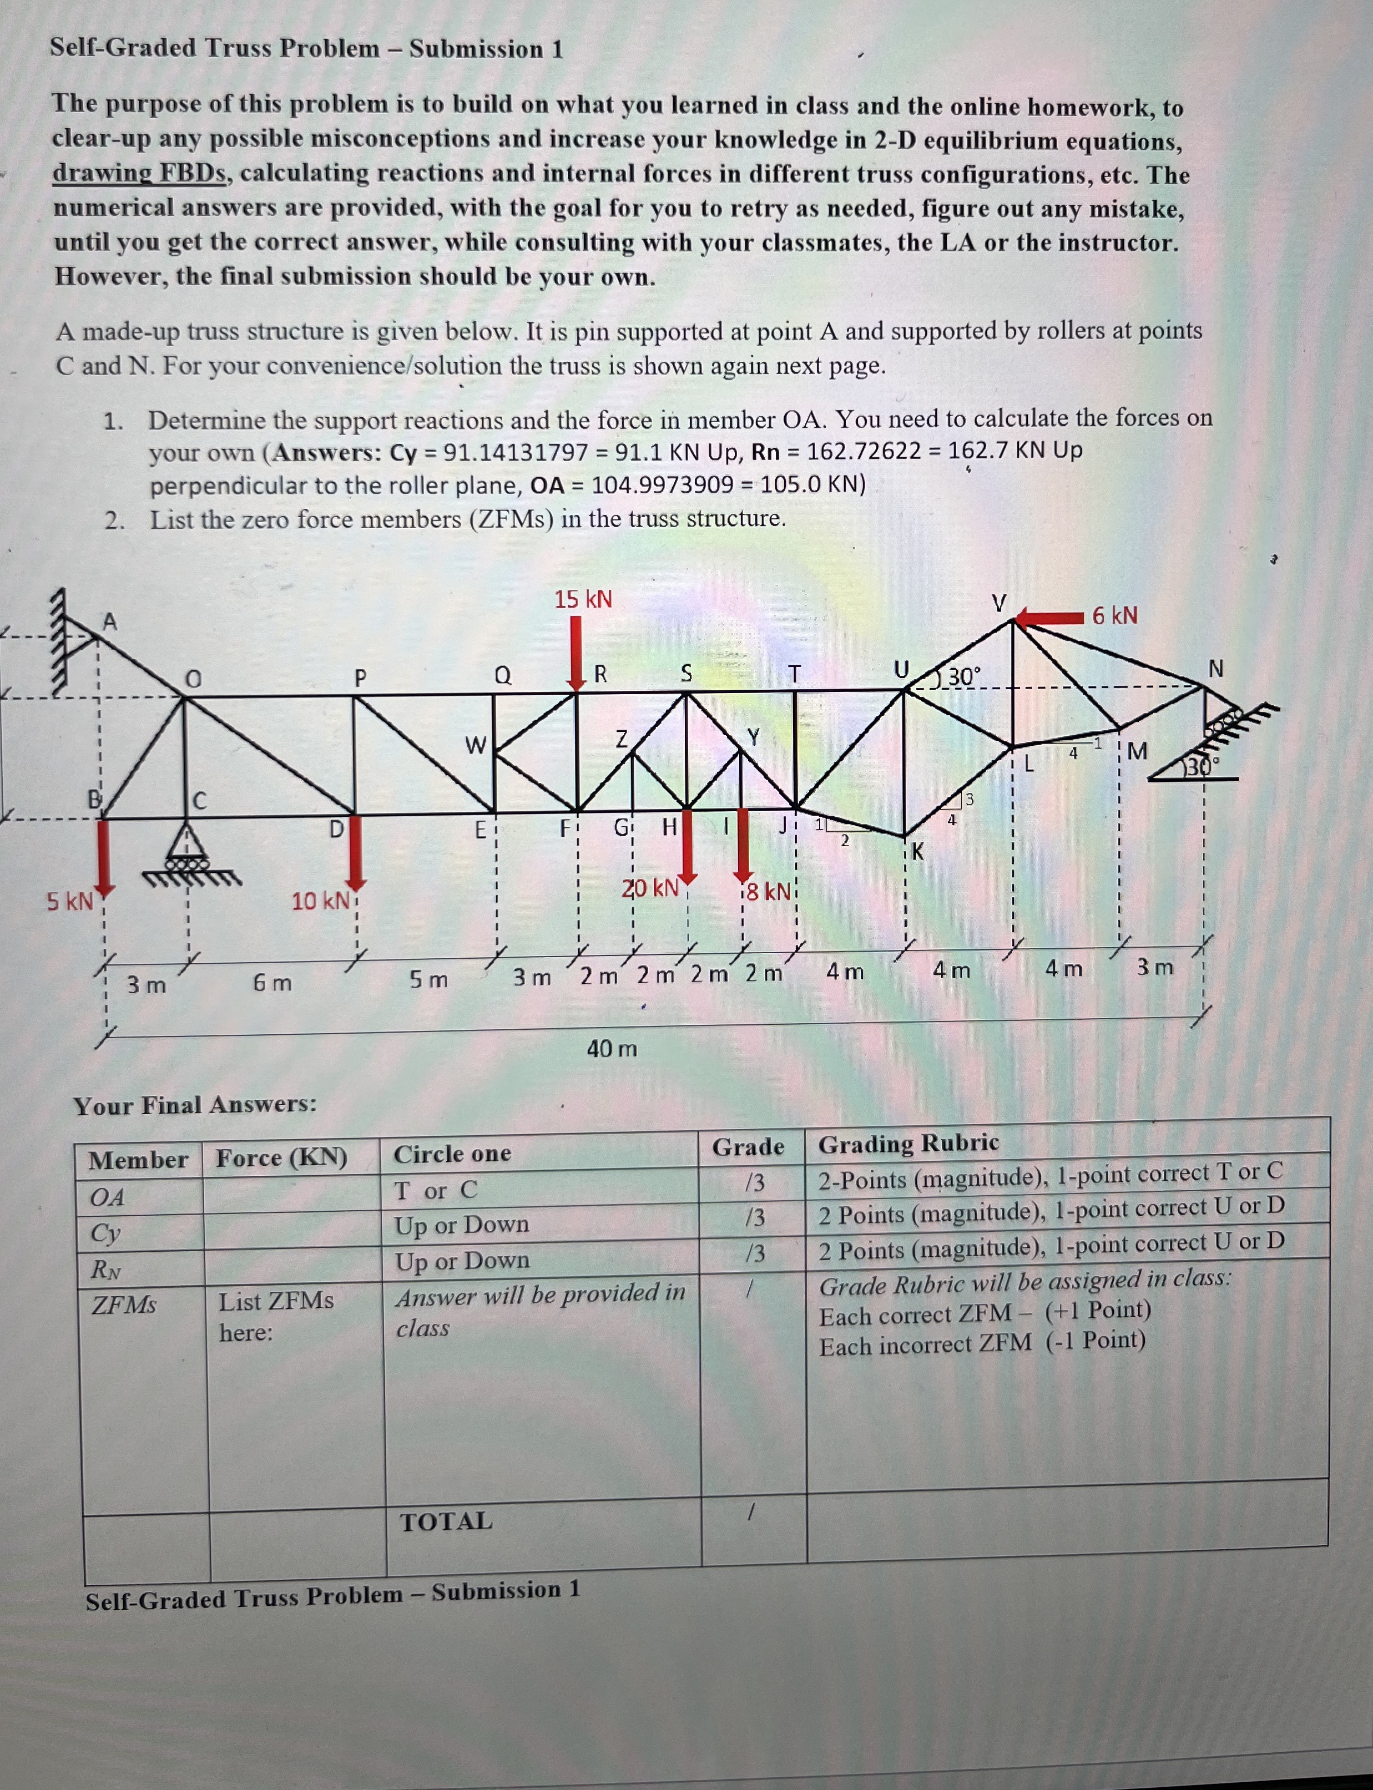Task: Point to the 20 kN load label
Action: pyautogui.click(x=650, y=887)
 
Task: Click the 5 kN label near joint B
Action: pyautogui.click(x=69, y=902)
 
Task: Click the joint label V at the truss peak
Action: pyautogui.click(x=998, y=603)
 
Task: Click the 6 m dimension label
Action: pyautogui.click(x=271, y=983)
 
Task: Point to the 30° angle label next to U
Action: pyautogui.click(x=963, y=676)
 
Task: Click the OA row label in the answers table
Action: pyautogui.click(x=107, y=1198)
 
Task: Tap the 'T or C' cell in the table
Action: pyautogui.click(x=436, y=1190)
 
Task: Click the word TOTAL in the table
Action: pyautogui.click(x=446, y=1521)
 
